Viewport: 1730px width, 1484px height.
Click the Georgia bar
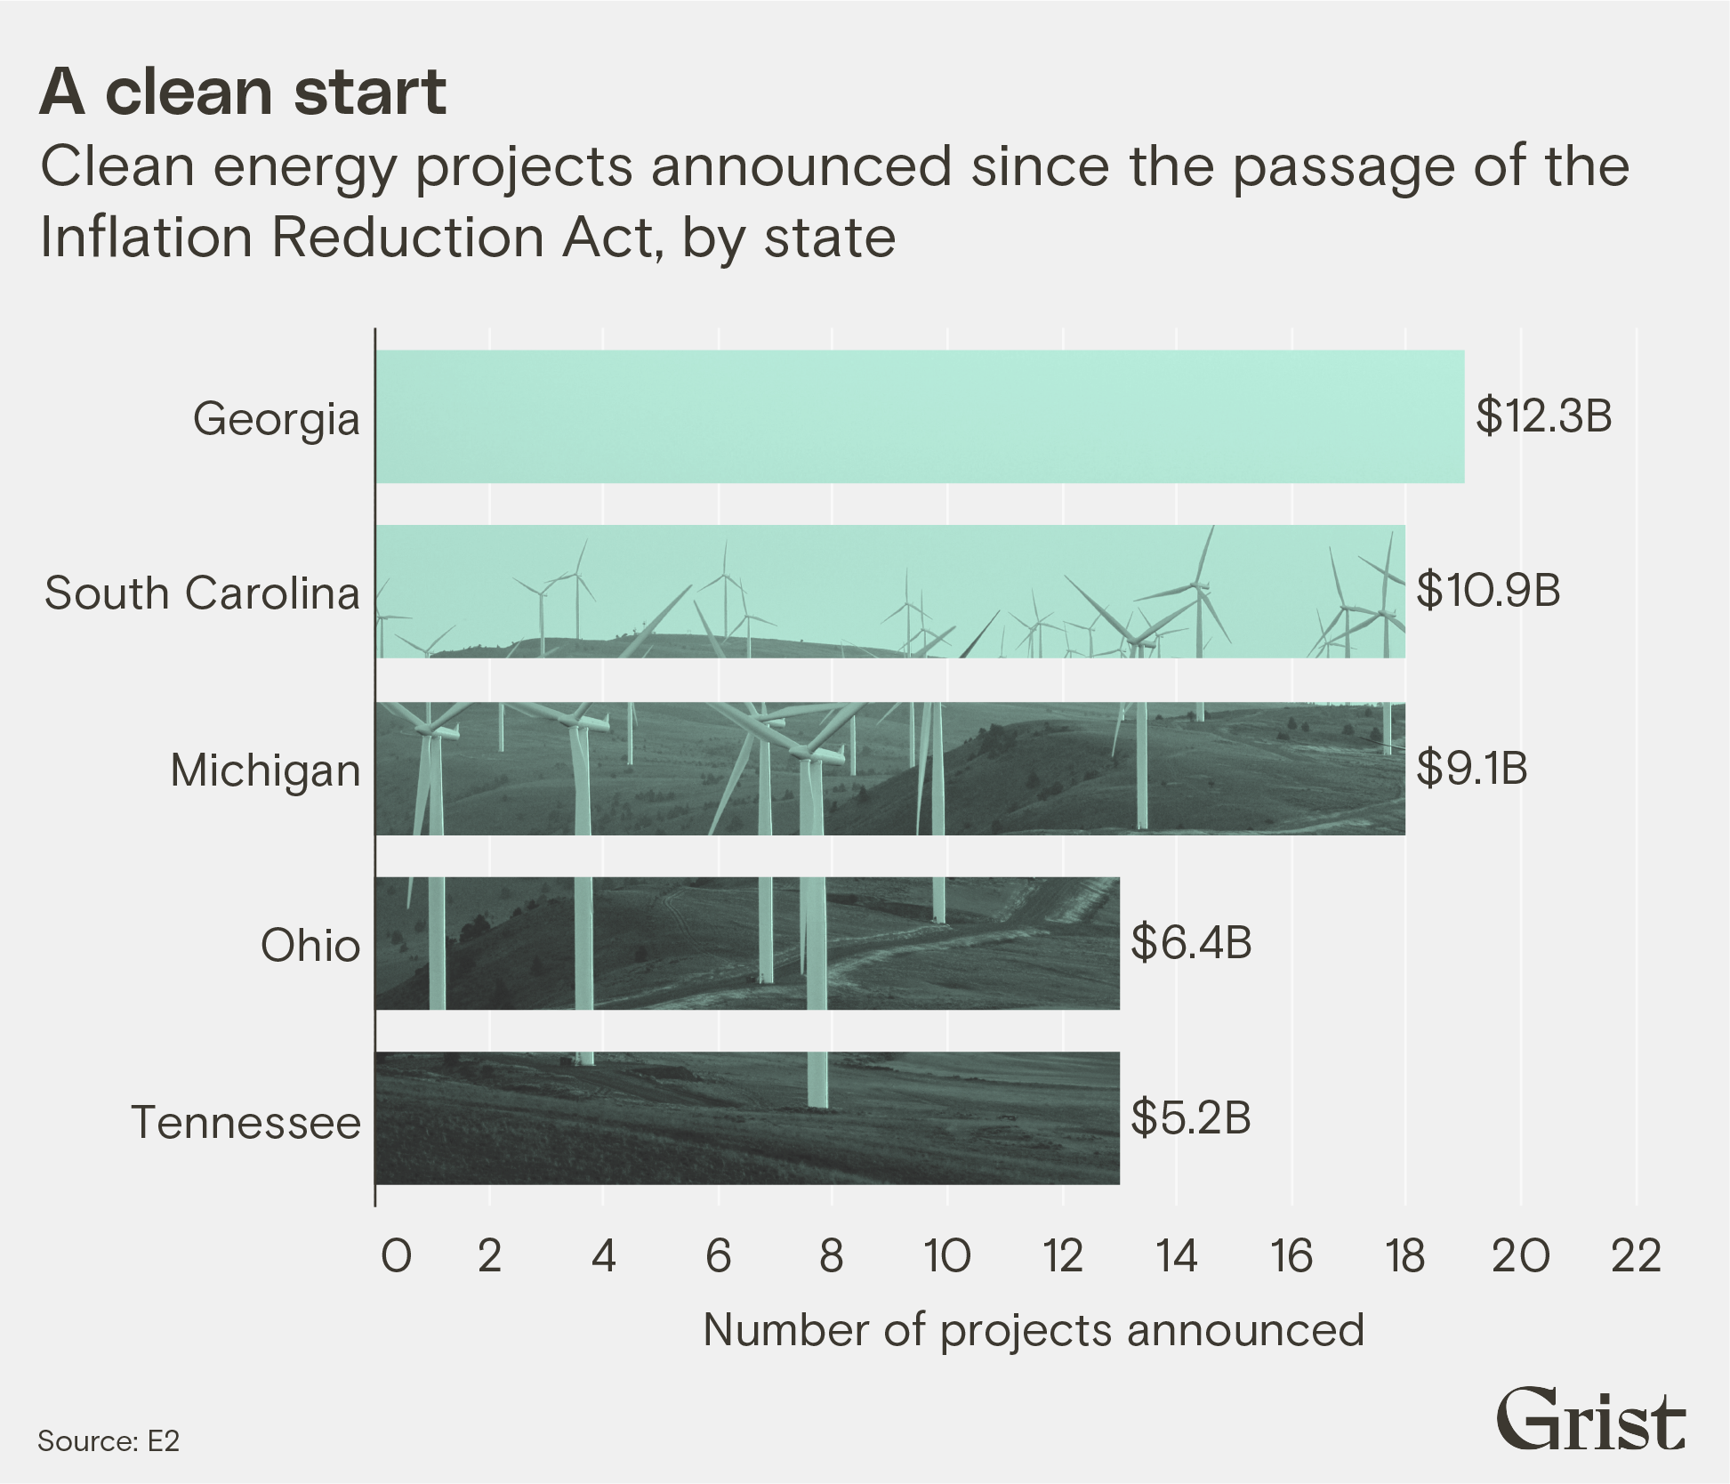[x=920, y=416]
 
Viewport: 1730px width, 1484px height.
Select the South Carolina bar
[x=889, y=592]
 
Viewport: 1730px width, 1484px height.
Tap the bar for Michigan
[x=889, y=769]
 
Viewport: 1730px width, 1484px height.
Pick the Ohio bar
[x=747, y=943]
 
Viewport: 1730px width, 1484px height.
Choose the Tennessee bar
[x=747, y=1118]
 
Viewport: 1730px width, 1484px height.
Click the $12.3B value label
[x=1544, y=415]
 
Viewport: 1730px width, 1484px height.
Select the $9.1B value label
[x=1472, y=768]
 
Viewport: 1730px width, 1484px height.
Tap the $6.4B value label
[x=1191, y=942]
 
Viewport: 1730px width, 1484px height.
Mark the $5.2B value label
[x=1191, y=1117]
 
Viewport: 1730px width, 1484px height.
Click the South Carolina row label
[x=202, y=593]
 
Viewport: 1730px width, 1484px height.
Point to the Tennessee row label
[x=245, y=1122]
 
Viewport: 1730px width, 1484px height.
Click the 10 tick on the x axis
[x=947, y=1257]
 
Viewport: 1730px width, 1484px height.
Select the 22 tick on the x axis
[x=1636, y=1257]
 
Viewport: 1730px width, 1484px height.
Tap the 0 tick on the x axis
[x=396, y=1257]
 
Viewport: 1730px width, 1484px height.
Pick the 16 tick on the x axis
[x=1291, y=1257]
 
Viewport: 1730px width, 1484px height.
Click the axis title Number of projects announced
[x=1034, y=1331]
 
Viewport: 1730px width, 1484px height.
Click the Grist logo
[x=1590, y=1419]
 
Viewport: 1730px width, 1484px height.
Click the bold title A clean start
[x=243, y=92]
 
